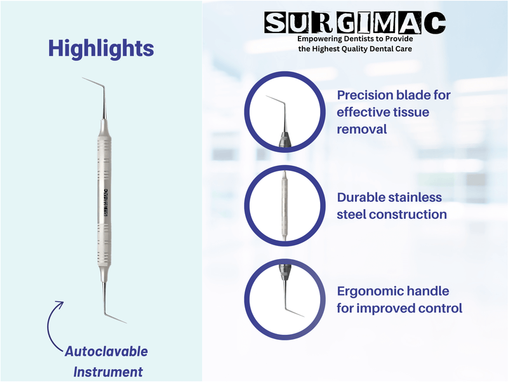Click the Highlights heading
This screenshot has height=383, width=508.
pyautogui.click(x=101, y=48)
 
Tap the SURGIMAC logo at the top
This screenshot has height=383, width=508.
pyautogui.click(x=355, y=23)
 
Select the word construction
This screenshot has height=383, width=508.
pyautogui.click(x=409, y=215)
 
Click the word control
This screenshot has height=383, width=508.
pyautogui.click(x=438, y=309)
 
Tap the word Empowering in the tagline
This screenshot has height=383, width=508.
pyautogui.click(x=321, y=39)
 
